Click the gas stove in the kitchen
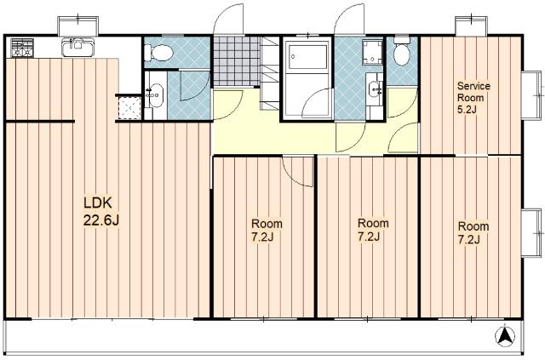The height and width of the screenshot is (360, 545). (x=22, y=48)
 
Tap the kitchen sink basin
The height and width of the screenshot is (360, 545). (x=77, y=48)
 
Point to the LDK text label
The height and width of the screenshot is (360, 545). (x=98, y=203)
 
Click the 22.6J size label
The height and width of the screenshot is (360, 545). (x=101, y=220)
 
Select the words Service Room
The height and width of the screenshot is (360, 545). (x=473, y=91)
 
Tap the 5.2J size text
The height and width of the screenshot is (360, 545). (x=467, y=110)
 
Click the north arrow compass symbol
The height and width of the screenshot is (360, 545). (x=504, y=335)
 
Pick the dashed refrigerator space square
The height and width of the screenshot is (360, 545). (x=129, y=108)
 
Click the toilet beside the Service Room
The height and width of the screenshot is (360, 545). (x=402, y=51)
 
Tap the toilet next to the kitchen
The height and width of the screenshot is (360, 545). (x=158, y=53)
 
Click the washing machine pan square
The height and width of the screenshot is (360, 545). (x=372, y=52)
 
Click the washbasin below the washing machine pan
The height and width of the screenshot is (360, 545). (x=375, y=89)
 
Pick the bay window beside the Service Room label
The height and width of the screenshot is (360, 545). (x=532, y=95)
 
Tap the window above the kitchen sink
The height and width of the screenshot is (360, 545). (x=77, y=26)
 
